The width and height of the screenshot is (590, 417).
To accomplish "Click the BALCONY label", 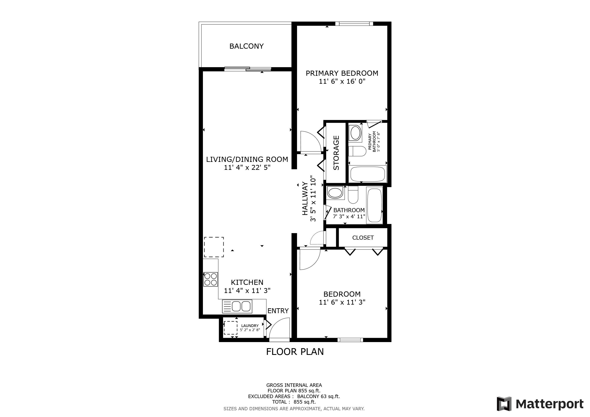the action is coord(247,46).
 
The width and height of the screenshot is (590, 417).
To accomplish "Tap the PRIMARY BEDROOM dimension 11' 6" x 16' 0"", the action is coord(342,81).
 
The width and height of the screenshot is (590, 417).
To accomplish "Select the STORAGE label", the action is coord(336,153).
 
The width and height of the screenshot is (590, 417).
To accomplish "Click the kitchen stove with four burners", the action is coord(210,279).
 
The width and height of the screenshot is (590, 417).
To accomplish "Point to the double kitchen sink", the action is coord(237,306).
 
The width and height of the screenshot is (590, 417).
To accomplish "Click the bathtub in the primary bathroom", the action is coord(368,174).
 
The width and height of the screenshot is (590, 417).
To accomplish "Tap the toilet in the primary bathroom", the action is coord(357,151).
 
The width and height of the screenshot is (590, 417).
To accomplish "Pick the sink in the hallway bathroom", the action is coord(335,193).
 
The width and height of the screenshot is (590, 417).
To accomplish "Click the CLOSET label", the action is coord(363,238).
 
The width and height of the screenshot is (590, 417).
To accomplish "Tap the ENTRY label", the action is coord(278,311).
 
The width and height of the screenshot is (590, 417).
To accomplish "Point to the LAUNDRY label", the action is coord(250,326).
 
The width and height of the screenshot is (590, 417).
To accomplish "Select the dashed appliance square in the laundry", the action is coord(230,328).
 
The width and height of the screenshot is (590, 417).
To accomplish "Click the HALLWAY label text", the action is coord(305,199).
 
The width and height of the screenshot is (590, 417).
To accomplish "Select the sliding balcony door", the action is coord(248,69).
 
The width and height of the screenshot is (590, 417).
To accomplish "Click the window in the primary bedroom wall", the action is coord(354,24).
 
